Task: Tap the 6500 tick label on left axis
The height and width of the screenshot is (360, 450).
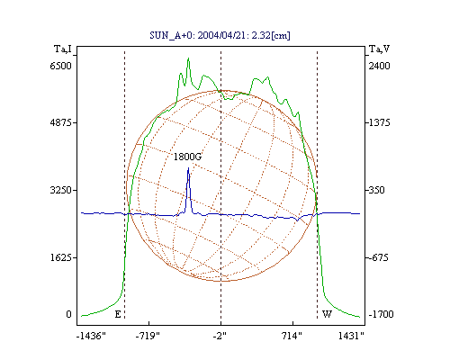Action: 61,66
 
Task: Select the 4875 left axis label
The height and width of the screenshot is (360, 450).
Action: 61,122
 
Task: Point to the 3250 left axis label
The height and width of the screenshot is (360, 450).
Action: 61,190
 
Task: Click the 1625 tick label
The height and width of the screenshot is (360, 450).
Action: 61,257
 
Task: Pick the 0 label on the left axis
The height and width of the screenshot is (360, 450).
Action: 68,314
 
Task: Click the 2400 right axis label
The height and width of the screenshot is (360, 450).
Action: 380,66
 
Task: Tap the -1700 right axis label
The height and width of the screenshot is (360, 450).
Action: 381,314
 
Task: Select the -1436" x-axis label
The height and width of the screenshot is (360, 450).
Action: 91,336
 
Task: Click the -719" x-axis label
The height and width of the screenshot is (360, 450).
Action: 148,336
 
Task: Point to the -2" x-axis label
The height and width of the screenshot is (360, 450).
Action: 220,336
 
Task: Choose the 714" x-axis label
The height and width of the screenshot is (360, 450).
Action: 292,336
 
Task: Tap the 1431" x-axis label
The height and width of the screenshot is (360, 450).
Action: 351,336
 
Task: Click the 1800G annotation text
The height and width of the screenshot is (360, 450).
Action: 187,157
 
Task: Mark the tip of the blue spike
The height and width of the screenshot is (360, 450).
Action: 188,167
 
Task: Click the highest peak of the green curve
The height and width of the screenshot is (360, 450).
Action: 188,58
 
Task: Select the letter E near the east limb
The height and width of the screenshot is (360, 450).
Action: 118,314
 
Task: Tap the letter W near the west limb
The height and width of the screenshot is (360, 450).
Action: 327,314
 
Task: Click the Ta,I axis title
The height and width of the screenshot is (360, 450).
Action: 63,49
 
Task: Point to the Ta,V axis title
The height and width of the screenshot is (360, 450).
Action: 380,49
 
